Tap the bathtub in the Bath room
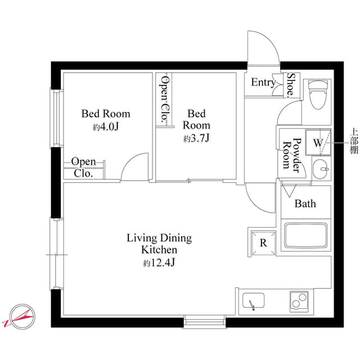(x=305, y=236)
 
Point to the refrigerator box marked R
(x=263, y=242)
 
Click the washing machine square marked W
(x=318, y=142)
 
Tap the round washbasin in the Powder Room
(x=321, y=168)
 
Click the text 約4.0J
(x=106, y=127)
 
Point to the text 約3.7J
(x=196, y=138)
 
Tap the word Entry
(x=263, y=83)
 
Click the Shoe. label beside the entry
(x=292, y=85)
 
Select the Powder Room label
(x=293, y=154)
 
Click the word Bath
(x=305, y=204)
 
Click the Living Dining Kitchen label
(x=159, y=244)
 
